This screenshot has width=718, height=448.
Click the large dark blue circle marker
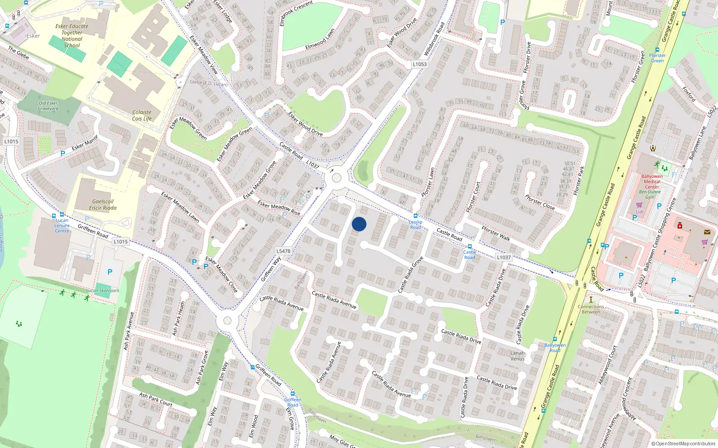click(x=359, y=224)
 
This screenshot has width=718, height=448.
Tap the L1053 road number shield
click(x=420, y=64)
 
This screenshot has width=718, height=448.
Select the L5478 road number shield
click(x=284, y=251)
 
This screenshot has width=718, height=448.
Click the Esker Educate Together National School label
click(x=72, y=36)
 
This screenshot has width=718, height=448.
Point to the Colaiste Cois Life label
click(x=142, y=116)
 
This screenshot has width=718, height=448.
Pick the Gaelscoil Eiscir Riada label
click(x=103, y=205)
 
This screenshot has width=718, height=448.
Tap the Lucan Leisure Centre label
click(x=62, y=225)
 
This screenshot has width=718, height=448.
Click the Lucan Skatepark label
click(x=103, y=291)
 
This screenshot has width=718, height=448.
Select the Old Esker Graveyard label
click(x=48, y=106)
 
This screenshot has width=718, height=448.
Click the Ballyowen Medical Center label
click(x=652, y=181)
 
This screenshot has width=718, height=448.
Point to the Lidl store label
click(x=639, y=212)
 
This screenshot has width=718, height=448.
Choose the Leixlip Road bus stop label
click(x=416, y=224)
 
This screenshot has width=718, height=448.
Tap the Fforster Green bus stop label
click(x=657, y=58)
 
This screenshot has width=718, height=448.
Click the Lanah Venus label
click(x=517, y=356)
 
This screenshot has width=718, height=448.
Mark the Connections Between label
click(x=591, y=309)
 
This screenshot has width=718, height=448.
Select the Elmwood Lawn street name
click(x=320, y=39)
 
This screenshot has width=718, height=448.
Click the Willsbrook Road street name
click(x=434, y=39)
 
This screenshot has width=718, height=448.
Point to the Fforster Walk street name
click(x=495, y=234)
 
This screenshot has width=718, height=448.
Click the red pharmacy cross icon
click(x=680, y=225)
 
